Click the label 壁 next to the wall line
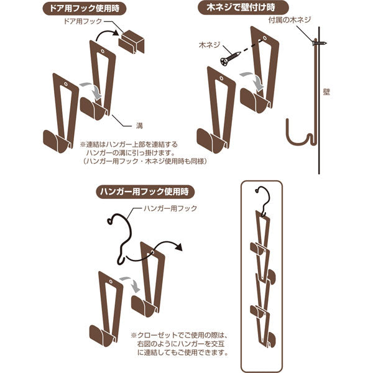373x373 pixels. click(x=327, y=91)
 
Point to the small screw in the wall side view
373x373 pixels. click(x=318, y=43)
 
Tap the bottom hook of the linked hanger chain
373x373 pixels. click(x=269, y=339)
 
